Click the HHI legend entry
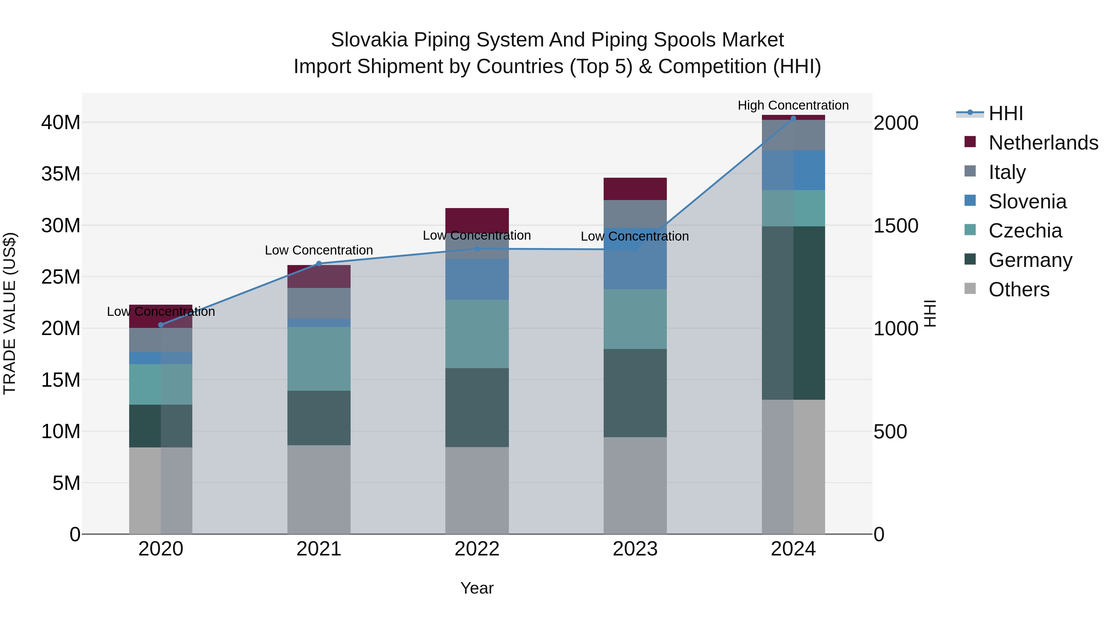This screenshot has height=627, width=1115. [x=1005, y=113]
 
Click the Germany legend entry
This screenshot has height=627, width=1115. [x=1030, y=260]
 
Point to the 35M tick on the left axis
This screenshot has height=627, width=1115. [x=61, y=174]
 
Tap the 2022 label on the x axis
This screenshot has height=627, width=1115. [x=477, y=549]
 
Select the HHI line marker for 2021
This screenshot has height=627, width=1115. [x=319, y=263]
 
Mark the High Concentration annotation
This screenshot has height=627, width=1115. [x=793, y=105]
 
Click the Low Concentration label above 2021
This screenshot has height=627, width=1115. [x=319, y=250]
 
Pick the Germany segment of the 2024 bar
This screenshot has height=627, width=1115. [x=794, y=313]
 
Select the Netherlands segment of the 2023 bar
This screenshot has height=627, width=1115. [x=635, y=189]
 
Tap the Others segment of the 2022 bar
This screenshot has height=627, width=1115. [x=477, y=490]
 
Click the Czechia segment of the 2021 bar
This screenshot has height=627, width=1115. [x=319, y=359]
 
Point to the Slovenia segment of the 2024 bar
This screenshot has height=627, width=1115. [x=794, y=170]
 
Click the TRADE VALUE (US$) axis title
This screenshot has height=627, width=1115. [x=10, y=313]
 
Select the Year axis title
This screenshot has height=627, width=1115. [x=477, y=588]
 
